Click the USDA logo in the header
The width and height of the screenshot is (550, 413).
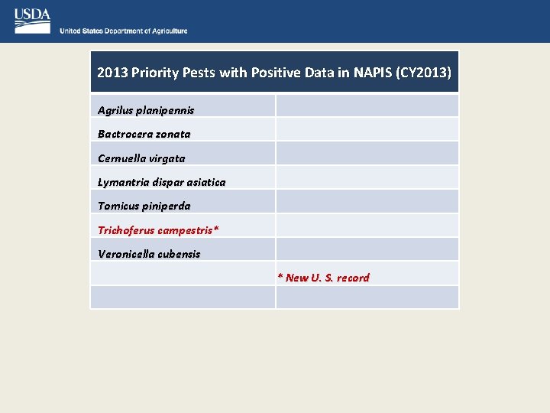point(32,21)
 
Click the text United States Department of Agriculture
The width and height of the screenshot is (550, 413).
point(124,31)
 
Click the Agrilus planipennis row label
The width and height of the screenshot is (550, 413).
point(146,110)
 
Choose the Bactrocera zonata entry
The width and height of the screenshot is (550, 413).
point(144,134)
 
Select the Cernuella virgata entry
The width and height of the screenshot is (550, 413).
point(141,158)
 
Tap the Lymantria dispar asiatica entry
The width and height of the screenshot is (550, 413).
point(162,182)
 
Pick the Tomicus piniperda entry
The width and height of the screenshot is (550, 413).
point(144,206)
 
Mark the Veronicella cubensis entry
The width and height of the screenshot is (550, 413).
point(149,254)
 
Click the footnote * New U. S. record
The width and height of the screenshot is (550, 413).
point(323,278)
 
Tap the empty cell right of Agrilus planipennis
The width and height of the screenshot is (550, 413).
point(367,106)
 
